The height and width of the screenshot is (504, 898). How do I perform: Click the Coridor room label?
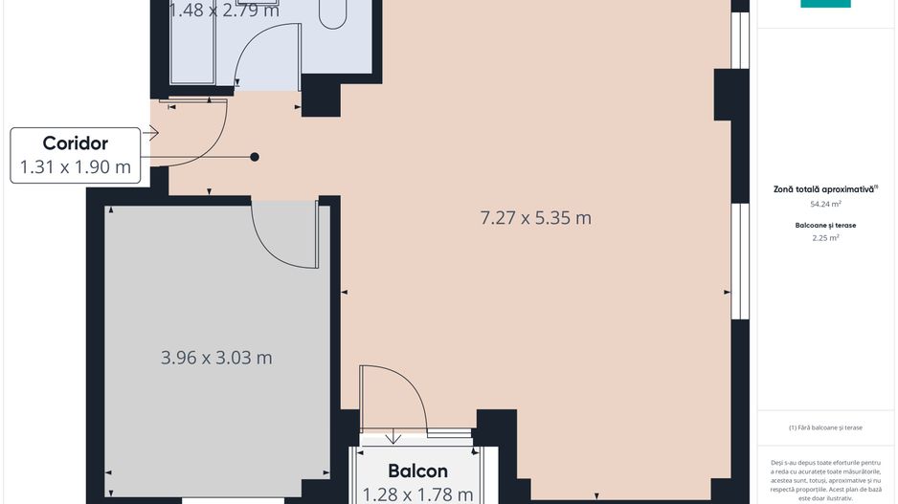pyautogui.click(x=76, y=143)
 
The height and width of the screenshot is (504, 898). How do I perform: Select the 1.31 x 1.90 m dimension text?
pyautogui.click(x=76, y=167)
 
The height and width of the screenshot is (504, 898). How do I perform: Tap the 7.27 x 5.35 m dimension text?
pyautogui.click(x=535, y=218)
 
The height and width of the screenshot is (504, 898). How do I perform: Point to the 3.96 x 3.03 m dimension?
pyautogui.click(x=216, y=358)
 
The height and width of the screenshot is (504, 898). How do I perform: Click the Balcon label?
pyautogui.click(x=417, y=471)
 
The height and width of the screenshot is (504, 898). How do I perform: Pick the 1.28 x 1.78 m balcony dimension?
pyautogui.click(x=417, y=493)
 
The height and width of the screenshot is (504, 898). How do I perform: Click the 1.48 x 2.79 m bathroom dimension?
pyautogui.click(x=224, y=11)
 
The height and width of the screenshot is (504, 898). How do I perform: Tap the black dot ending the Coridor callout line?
pyautogui.click(x=255, y=157)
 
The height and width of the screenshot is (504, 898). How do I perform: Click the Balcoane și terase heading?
pyautogui.click(x=825, y=225)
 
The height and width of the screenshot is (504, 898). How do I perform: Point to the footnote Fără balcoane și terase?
pyautogui.click(x=825, y=427)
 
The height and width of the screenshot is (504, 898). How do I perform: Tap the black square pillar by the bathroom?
pyautogui.click(x=322, y=97)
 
